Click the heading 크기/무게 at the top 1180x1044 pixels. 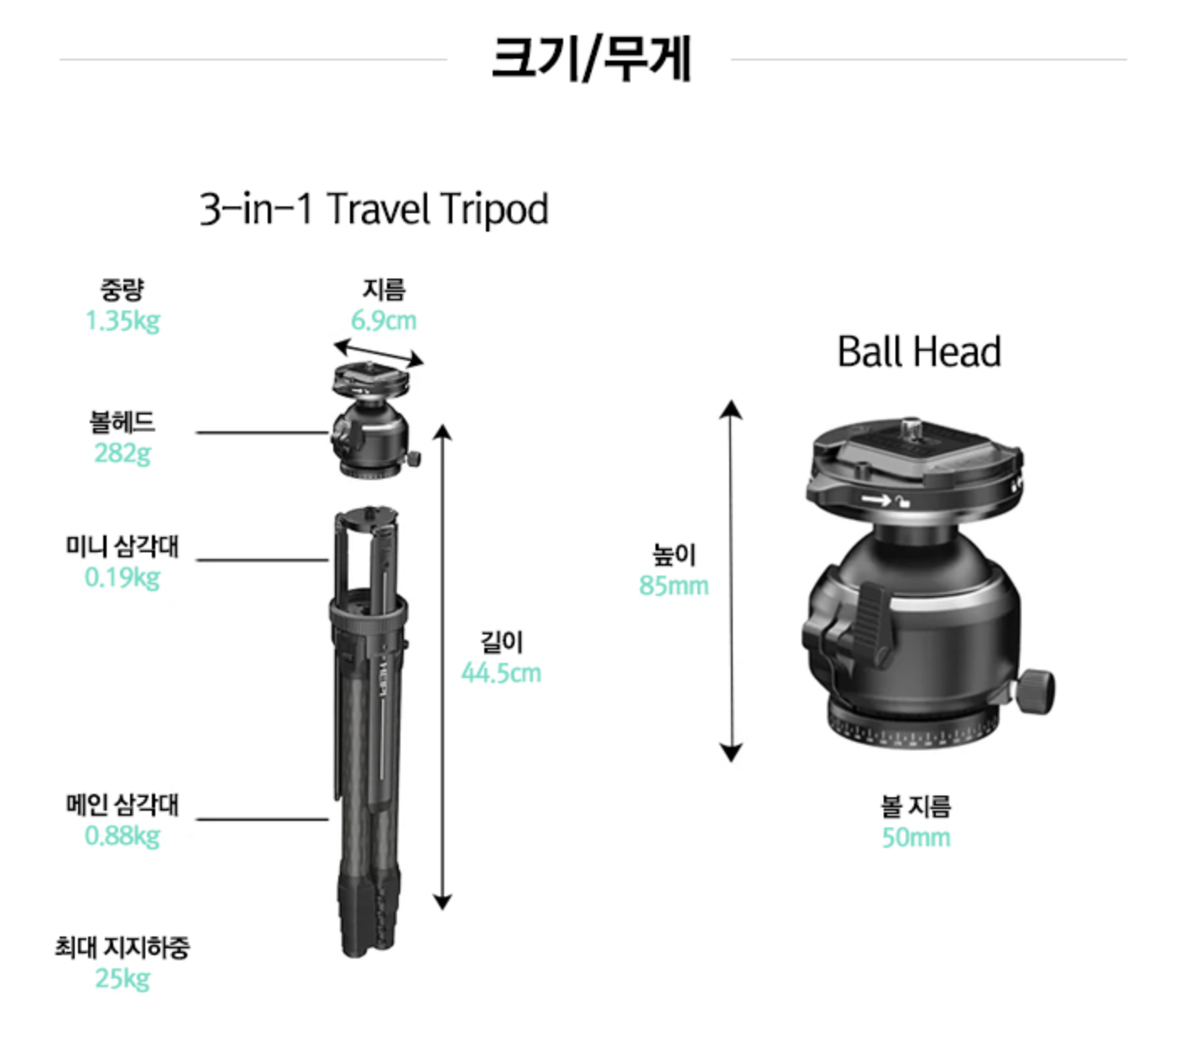coord(591,58)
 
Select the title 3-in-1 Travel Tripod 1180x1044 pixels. coord(373,209)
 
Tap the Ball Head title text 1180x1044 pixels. coord(918,352)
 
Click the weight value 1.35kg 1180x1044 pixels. coord(123,321)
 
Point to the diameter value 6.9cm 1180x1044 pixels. coord(384,321)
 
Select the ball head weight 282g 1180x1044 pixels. coord(123,453)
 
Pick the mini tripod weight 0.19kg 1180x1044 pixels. coord(123,578)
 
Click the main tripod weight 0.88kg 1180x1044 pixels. coord(123,836)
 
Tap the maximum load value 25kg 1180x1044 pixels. coord(123,979)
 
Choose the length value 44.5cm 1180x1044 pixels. coord(501,673)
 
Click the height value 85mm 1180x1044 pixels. coord(674,586)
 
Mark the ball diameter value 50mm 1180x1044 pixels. coord(916,838)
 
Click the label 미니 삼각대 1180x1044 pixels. coord(123,546)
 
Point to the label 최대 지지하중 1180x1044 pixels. coord(123,947)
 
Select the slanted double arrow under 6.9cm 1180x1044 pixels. coord(379,353)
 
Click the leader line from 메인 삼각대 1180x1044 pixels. coord(263,819)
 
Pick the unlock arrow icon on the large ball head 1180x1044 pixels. coord(876,499)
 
